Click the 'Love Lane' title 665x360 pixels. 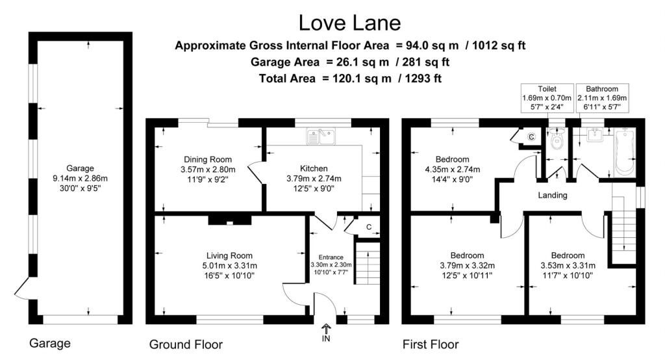tap(349, 23)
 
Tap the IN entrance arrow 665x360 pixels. tap(326, 328)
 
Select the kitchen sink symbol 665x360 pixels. tap(321, 136)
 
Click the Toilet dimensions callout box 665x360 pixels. tap(547, 98)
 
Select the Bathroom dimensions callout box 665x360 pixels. tap(602, 98)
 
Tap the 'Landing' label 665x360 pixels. tap(553, 196)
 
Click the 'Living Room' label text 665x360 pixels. tap(229, 255)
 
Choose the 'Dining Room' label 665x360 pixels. tap(208, 160)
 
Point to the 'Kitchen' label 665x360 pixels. tap(314, 168)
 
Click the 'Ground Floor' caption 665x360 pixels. tap(186, 344)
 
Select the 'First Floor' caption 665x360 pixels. tap(431, 344)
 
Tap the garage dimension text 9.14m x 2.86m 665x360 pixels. tap(80, 178)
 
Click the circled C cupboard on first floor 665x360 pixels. tap(531, 136)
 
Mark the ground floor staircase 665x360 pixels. tap(368, 265)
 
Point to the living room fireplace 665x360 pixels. tap(229, 220)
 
